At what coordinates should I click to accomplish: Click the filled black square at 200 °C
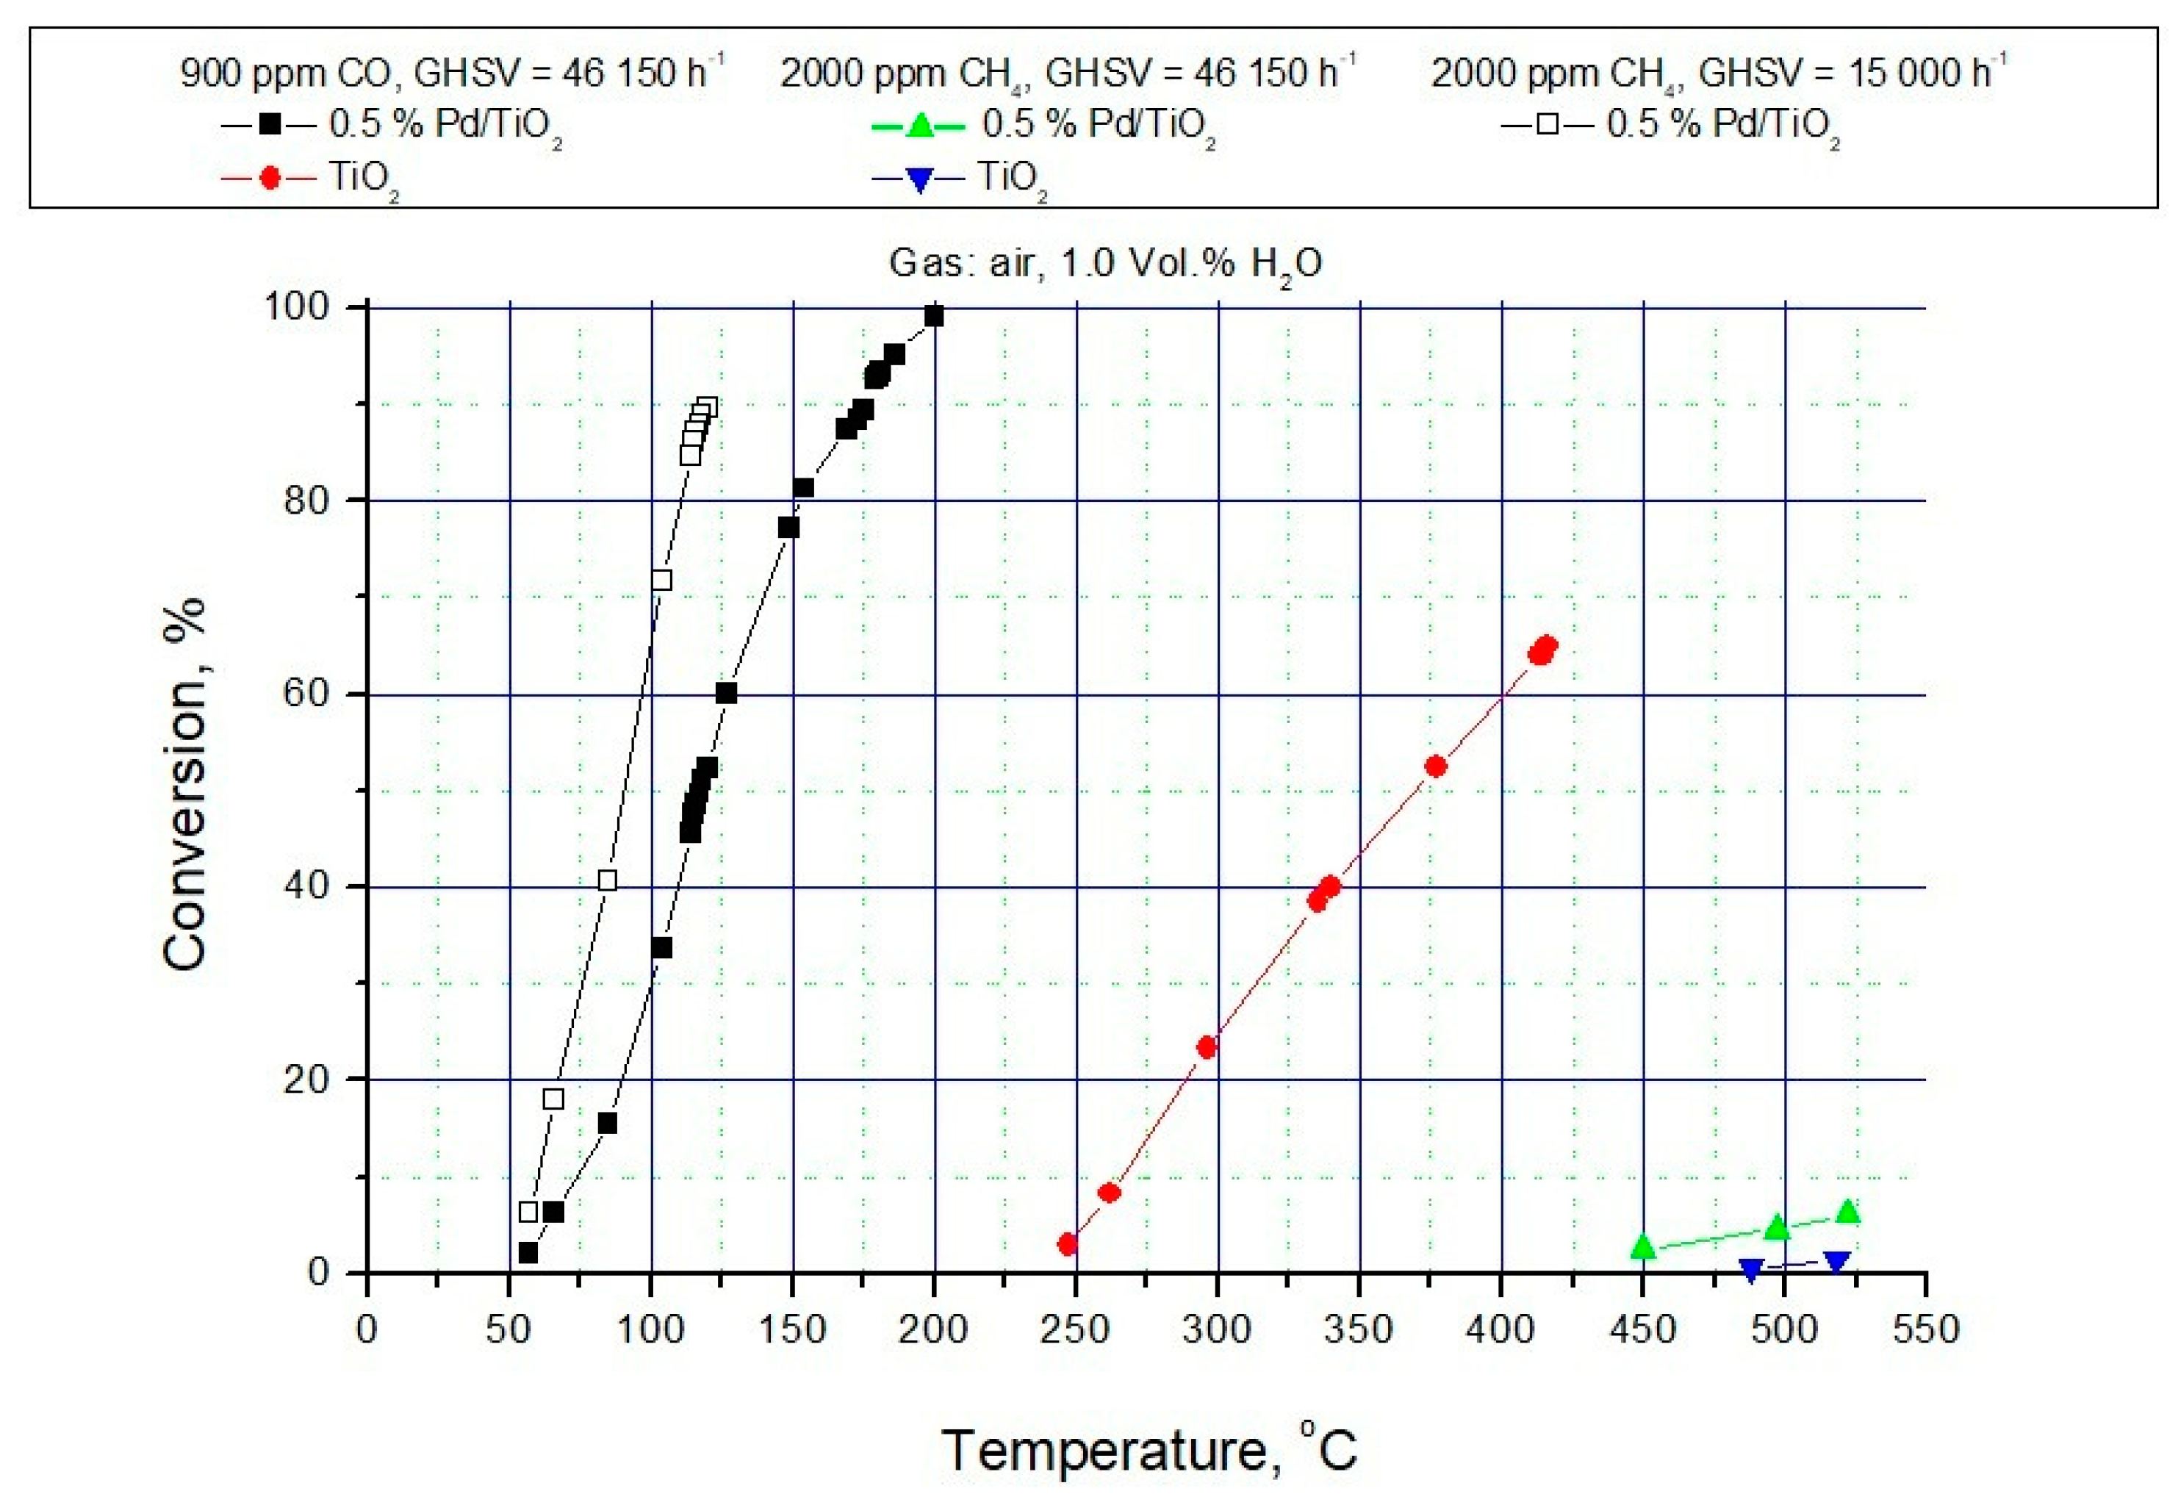click(x=933, y=317)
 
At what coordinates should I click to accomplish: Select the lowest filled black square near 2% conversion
click(x=528, y=1253)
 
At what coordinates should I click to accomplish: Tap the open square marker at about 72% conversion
click(x=661, y=580)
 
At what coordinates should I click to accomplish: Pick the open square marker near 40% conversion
click(x=607, y=880)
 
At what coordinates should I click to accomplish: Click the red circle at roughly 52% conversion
click(x=1436, y=766)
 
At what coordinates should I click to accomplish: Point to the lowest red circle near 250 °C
click(x=1068, y=1243)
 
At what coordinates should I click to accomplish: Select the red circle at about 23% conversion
click(x=1207, y=1047)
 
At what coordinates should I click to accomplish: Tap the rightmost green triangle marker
click(x=1847, y=1213)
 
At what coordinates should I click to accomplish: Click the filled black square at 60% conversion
click(x=726, y=694)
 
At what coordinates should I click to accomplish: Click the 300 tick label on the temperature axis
click(x=1215, y=1329)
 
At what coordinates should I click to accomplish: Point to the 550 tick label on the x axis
click(x=1925, y=1329)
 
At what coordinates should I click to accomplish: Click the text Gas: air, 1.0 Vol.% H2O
click(x=1105, y=263)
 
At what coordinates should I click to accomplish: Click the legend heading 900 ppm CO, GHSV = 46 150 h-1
click(x=452, y=71)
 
